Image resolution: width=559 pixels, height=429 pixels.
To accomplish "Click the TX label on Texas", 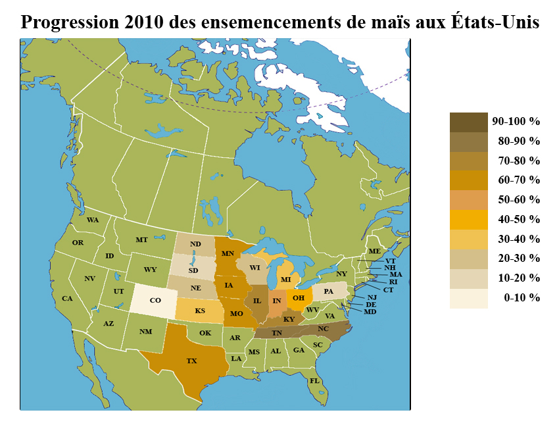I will pyautogui.click(x=191, y=361).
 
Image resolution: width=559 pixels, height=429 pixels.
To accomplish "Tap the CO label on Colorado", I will pyautogui.click(x=155, y=300).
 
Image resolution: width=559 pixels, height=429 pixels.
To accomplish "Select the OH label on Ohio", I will pyautogui.click(x=298, y=298).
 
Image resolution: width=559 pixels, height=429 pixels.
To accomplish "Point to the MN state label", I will pyautogui.click(x=228, y=253).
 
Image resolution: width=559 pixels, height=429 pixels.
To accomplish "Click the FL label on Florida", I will pyautogui.click(x=314, y=381).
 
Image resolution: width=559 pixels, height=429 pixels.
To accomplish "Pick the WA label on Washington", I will pyautogui.click(x=93, y=219).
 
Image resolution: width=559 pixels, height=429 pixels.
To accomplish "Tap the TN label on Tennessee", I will pyautogui.click(x=277, y=334).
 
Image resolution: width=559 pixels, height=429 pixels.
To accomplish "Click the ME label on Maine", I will pyautogui.click(x=374, y=251).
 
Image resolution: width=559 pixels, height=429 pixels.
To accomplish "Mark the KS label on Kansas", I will pyautogui.click(x=199, y=311).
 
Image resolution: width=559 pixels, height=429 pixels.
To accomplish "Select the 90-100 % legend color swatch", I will pyautogui.click(x=469, y=122).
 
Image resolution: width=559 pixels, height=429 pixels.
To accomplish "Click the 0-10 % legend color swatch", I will pyautogui.click(x=469, y=298).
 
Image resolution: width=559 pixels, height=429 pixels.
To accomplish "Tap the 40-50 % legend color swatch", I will pyautogui.click(x=469, y=220).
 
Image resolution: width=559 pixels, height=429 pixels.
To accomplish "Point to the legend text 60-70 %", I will pyautogui.click(x=519, y=180).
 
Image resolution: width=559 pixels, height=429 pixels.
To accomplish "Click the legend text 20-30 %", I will pyautogui.click(x=519, y=258).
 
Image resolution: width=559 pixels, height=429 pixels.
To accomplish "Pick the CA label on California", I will pyautogui.click(x=67, y=298).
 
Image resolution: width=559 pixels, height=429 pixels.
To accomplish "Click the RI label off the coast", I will pyautogui.click(x=393, y=282).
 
